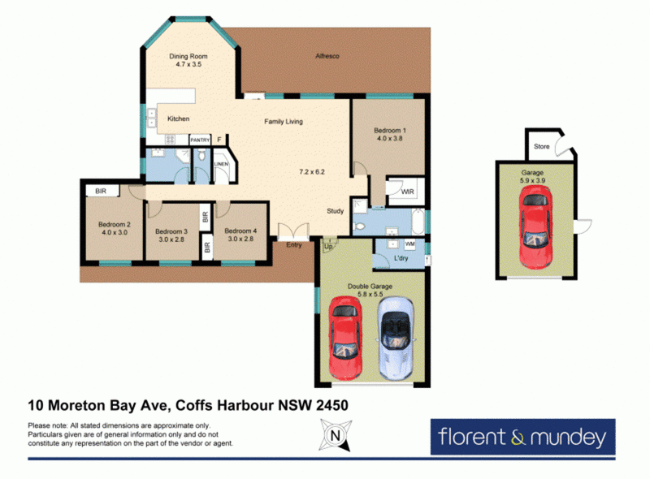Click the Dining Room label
pos(188,56)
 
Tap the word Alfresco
pos(327,56)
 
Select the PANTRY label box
pos(200,140)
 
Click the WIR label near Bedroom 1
pos(407,192)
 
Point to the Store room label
pos(541,146)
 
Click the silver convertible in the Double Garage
pos(395,338)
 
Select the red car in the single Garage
pos(535,227)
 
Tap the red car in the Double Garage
pos(345,338)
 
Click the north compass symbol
pos(336,434)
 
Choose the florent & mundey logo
pos(522,437)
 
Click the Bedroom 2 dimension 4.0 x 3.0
pos(115,232)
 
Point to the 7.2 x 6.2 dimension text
pos(312,171)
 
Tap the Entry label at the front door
pos(294,245)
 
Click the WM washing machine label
pos(409,244)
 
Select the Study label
pos(335,211)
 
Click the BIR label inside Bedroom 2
pos(101,191)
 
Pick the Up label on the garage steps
pos(328,247)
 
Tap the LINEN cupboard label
pos(221,164)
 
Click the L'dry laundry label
pos(401,257)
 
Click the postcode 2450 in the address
pos(332,405)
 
